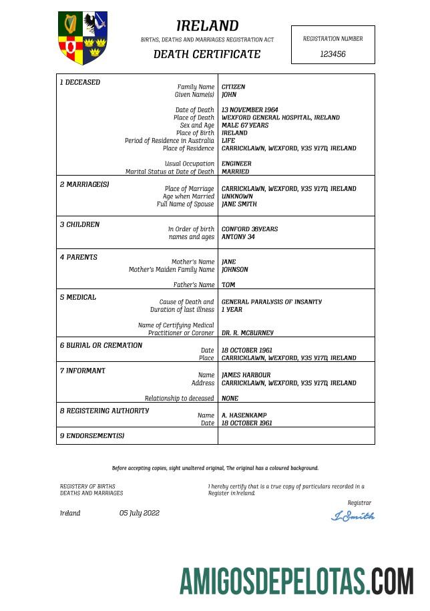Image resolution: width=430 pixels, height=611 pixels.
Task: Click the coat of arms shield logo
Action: [83, 37]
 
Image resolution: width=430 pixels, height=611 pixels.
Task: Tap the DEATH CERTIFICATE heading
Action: [207, 54]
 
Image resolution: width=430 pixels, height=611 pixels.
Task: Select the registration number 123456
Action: [333, 54]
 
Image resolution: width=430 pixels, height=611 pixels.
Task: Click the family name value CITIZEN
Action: [233, 87]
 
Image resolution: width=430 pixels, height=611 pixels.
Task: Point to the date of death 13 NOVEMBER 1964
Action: [250, 110]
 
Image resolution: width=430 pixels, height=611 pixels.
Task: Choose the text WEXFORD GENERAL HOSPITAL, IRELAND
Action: [280, 118]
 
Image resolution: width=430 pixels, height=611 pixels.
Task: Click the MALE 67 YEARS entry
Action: [245, 126]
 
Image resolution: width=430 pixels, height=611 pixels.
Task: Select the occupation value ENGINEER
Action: [236, 164]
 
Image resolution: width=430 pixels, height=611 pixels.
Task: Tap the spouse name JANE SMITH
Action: [238, 204]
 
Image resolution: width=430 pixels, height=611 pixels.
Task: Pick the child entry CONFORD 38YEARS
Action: [250, 229]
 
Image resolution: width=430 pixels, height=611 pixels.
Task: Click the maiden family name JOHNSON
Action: [234, 270]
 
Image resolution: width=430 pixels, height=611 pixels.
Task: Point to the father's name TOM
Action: [228, 285]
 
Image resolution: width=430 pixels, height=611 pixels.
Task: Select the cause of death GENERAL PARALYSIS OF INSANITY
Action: [272, 302]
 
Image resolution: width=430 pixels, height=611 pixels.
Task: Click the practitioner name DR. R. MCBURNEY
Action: [247, 333]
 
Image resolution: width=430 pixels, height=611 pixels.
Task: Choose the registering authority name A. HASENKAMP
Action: [244, 415]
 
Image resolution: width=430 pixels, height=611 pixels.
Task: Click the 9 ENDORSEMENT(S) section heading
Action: [92, 436]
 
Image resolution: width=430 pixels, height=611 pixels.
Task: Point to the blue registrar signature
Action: [353, 516]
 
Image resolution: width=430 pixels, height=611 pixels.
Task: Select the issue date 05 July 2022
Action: [140, 513]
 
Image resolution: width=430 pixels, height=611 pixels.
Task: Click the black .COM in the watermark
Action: [392, 581]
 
